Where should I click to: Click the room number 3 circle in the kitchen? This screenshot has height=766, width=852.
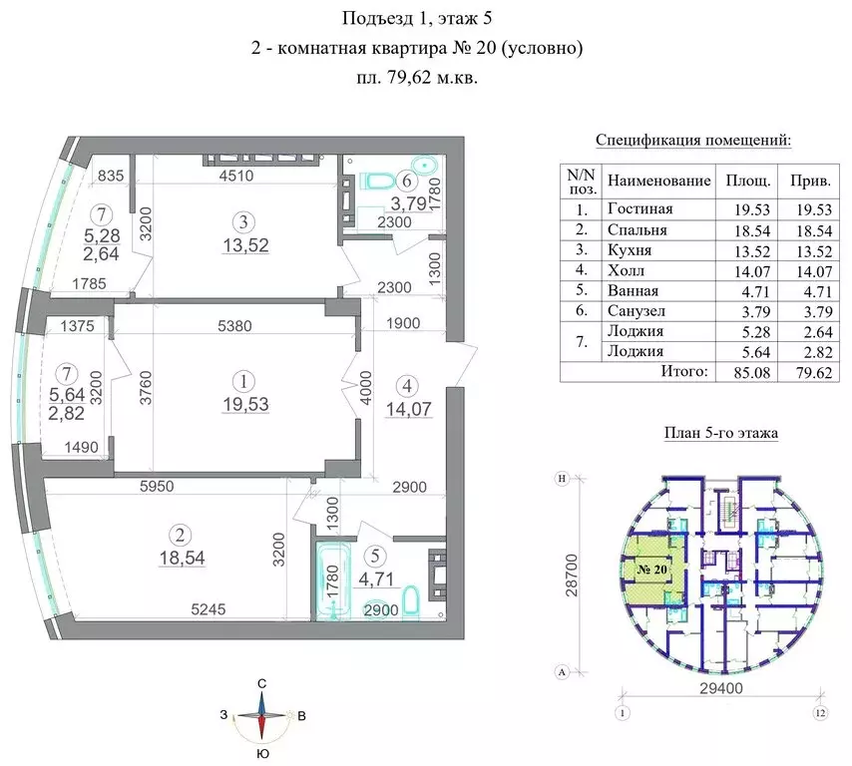(x=242, y=220)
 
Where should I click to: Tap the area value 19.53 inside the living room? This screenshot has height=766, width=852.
(x=242, y=404)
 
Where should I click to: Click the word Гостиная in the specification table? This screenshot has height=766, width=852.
(x=639, y=209)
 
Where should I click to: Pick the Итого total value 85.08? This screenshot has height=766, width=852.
(x=745, y=372)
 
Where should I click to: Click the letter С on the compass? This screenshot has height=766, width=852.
(x=261, y=682)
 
